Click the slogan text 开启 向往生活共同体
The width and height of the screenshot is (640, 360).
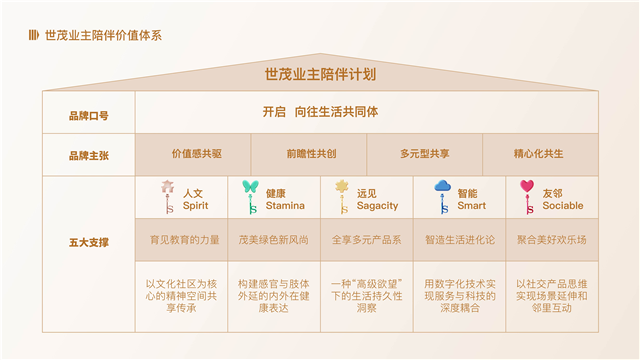tap(320, 113)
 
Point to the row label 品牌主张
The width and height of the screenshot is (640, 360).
tap(88, 156)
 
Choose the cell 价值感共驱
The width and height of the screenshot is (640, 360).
tap(196, 154)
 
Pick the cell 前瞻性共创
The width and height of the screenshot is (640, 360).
tap(311, 154)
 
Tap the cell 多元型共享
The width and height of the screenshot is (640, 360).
tap(424, 154)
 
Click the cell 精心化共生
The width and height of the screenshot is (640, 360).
tap(538, 154)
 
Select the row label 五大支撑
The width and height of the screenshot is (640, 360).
tap(88, 243)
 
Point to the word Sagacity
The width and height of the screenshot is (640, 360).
tap(377, 206)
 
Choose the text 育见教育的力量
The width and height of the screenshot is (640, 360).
tap(184, 240)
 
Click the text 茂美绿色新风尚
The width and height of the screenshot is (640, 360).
tap(273, 240)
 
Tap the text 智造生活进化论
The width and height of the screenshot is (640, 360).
tap(459, 240)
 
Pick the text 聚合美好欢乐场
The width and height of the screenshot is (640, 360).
tap(551, 240)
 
